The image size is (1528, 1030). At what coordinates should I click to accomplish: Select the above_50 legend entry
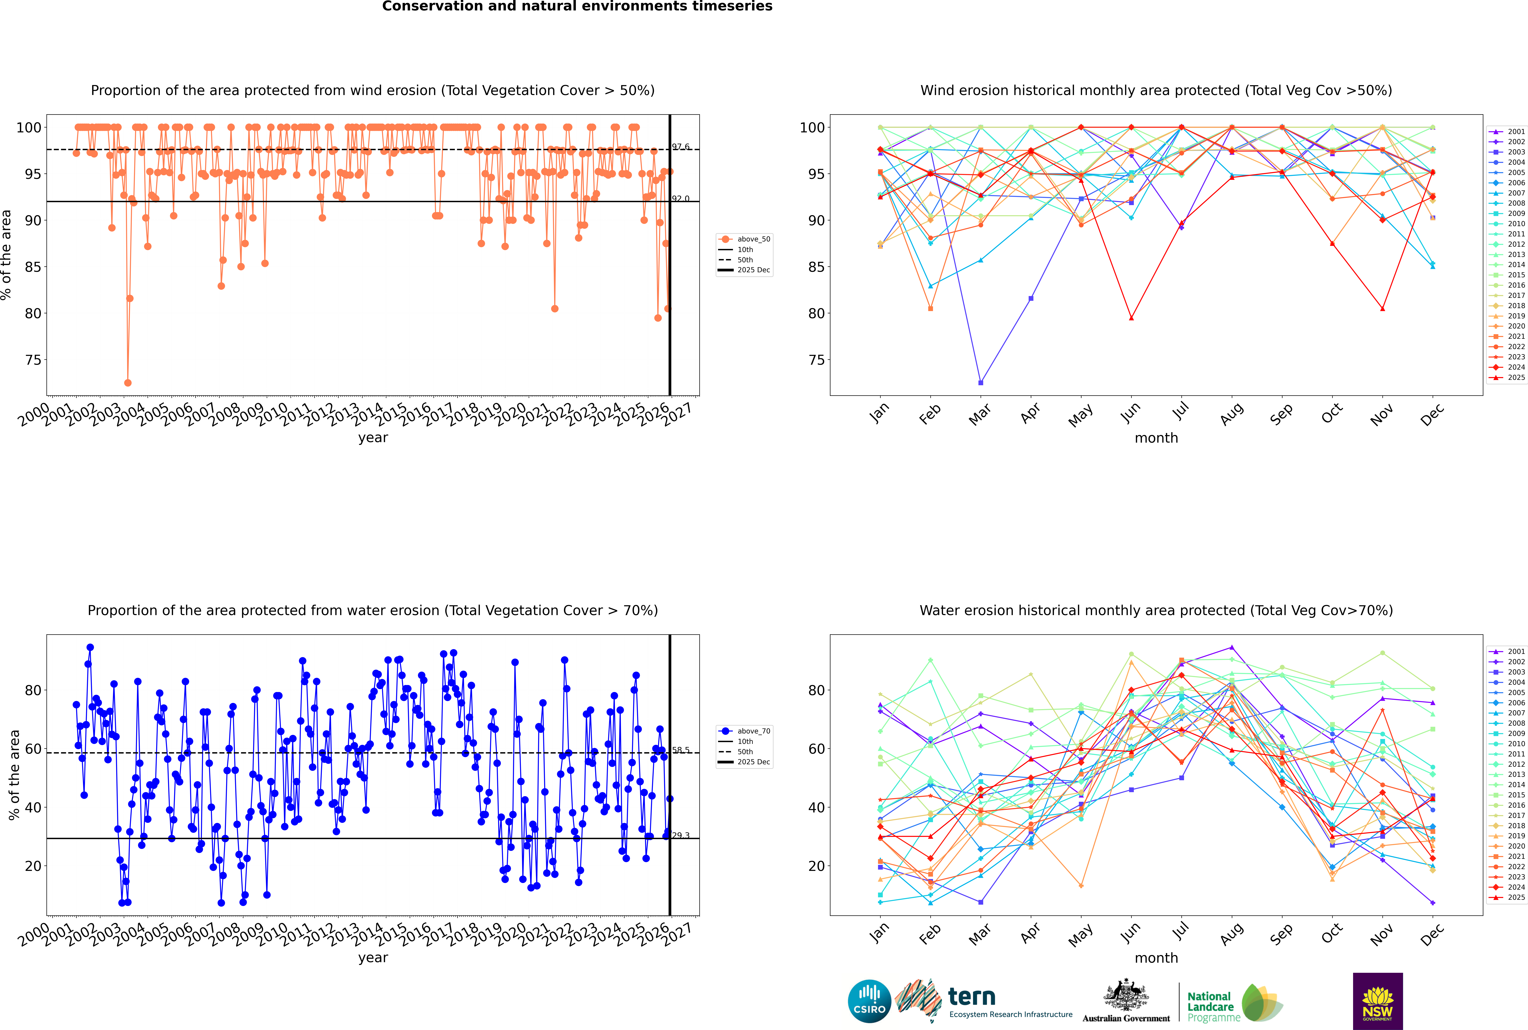[x=753, y=239]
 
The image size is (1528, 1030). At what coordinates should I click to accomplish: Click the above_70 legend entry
[x=753, y=731]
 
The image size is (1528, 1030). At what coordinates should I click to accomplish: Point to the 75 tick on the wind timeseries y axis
[x=33, y=360]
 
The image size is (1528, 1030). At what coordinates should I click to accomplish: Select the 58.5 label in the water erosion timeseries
[x=681, y=750]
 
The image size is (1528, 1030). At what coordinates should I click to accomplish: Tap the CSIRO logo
[x=869, y=1002]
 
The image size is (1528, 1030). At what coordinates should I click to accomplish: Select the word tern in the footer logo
[x=972, y=997]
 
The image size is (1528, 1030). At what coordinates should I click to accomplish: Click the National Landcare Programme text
[x=1213, y=1006]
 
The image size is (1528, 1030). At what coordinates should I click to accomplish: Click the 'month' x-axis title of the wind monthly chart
[x=1156, y=438]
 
